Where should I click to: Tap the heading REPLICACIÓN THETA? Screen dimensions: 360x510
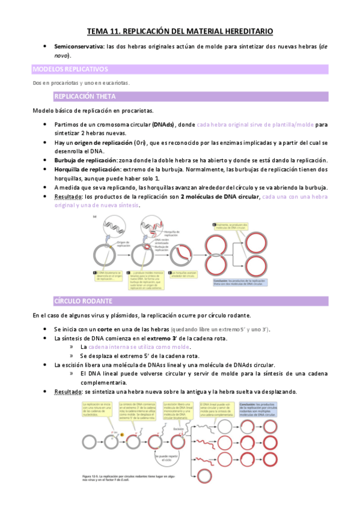point(84,96)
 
